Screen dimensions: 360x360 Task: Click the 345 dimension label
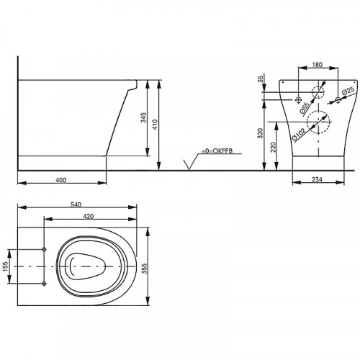tap(143, 117)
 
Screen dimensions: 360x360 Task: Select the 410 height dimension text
tap(155, 125)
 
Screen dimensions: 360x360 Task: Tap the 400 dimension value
tap(61, 180)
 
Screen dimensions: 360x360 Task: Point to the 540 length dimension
tap(76, 204)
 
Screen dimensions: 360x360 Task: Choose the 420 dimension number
tap(89, 217)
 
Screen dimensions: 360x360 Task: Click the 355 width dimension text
tap(144, 269)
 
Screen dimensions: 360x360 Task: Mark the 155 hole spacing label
tap(5, 266)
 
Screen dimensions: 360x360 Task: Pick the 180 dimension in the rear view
tap(318, 65)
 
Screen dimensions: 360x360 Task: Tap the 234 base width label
tap(317, 179)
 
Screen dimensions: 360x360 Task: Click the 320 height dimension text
tap(260, 133)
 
